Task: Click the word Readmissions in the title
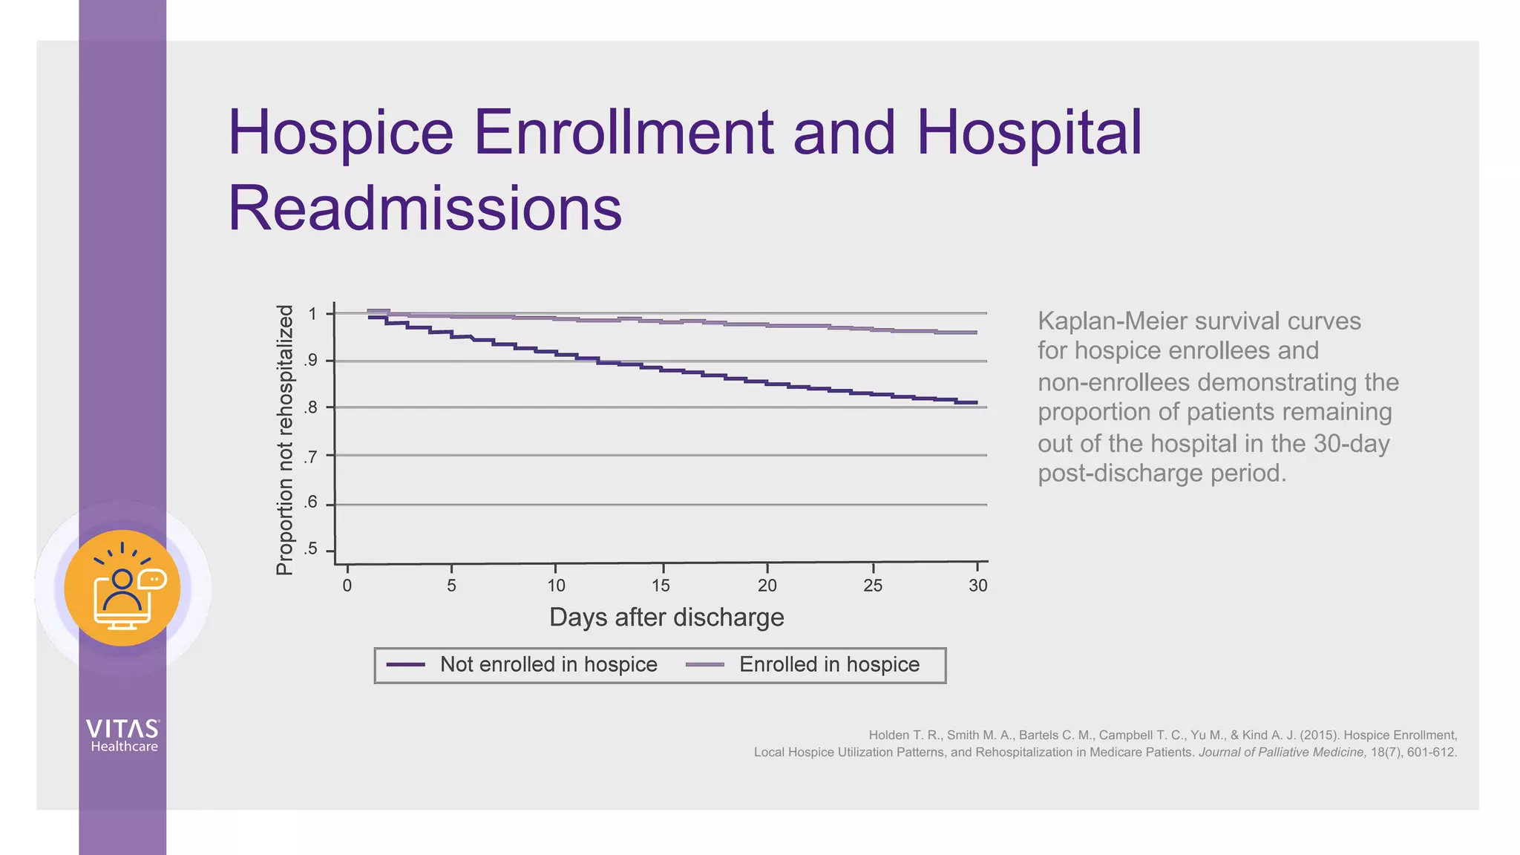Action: coord(425,209)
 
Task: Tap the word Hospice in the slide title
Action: coord(340,132)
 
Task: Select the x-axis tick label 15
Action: coord(661,586)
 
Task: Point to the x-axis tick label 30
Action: coord(977,586)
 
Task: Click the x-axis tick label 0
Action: coord(347,586)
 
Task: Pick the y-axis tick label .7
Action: coord(310,456)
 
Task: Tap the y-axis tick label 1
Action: coord(312,314)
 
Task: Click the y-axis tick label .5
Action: coord(310,549)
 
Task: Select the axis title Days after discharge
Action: coord(666,617)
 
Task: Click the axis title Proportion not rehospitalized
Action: coord(285,440)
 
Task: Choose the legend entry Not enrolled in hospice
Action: coord(548,664)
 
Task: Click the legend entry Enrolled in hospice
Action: coord(828,664)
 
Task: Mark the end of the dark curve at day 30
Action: coord(975,402)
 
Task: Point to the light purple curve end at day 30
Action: coord(975,332)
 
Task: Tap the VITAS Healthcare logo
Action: coord(123,736)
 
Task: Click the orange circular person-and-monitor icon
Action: coord(122,588)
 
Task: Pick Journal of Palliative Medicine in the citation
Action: coord(1281,752)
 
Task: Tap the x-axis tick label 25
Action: coord(872,586)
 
